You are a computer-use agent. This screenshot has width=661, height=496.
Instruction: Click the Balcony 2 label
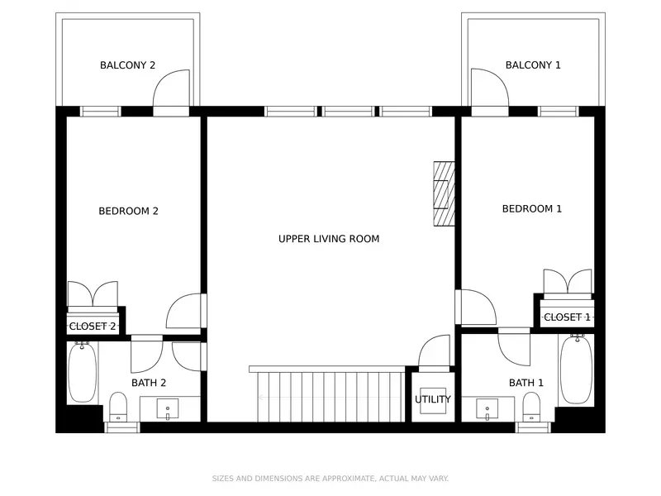(127, 65)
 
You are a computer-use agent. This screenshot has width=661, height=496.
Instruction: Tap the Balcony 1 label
(533, 65)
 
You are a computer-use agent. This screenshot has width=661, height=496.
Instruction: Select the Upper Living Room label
(329, 239)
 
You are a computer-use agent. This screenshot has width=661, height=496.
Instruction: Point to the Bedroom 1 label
(532, 209)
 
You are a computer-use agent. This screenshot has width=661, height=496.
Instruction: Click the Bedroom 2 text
(128, 211)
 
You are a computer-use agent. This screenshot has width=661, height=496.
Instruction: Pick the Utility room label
(432, 399)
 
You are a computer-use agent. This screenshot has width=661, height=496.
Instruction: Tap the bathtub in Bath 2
(82, 372)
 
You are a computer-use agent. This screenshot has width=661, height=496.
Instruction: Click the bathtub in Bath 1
(576, 370)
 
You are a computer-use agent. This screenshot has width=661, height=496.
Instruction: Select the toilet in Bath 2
(118, 407)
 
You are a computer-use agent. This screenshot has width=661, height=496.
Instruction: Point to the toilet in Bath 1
(531, 407)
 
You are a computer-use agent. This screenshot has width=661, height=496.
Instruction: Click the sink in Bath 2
(168, 408)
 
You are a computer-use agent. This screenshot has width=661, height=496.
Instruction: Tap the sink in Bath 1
(487, 408)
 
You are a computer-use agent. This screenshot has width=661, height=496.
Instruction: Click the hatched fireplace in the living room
(444, 193)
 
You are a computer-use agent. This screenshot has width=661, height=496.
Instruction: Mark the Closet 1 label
(567, 317)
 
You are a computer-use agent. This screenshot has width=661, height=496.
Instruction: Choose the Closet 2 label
(93, 326)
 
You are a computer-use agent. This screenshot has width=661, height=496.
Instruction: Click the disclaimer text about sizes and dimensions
(330, 479)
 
